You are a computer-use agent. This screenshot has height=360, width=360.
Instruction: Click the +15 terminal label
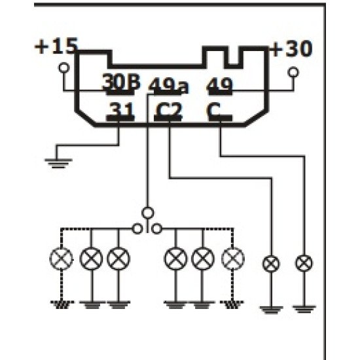56,47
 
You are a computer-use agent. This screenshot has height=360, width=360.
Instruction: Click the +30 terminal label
291,49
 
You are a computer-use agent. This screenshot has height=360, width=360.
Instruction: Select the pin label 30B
121,84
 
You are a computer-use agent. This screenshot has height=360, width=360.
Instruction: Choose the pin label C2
169,111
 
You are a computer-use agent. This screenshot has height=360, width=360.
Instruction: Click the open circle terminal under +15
64,68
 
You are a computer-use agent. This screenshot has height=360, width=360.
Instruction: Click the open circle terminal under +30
293,71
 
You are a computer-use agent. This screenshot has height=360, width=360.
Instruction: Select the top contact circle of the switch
148,212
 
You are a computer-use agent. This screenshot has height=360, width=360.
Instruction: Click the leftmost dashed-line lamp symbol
62,259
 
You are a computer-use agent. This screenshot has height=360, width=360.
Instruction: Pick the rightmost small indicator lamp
302,264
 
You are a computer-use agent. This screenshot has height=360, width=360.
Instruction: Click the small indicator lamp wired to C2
269,264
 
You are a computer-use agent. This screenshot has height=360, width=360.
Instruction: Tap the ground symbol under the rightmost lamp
302,305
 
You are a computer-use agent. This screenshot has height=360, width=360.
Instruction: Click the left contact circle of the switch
137,228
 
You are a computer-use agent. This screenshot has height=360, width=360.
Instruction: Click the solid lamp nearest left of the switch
118,259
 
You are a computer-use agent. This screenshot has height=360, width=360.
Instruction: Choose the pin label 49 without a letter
220,85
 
